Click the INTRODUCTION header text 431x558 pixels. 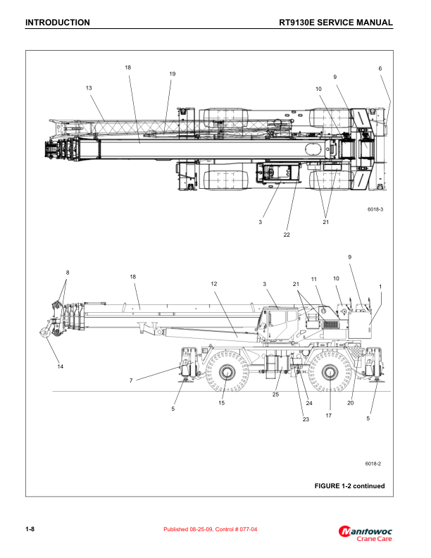pos(57,23)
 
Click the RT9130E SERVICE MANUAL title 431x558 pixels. pos(335,23)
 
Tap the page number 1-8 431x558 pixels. pos(30,529)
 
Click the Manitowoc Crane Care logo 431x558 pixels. pos(366,533)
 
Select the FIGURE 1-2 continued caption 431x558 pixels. pos(349,485)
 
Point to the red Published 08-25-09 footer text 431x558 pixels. pos(210,529)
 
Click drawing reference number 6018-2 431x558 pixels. pos(373,463)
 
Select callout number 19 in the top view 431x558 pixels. pos(172,74)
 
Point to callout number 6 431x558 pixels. pos(380,68)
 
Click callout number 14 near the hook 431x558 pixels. pos(60,367)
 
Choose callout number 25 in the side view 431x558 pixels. pos(275,395)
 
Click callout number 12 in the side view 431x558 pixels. pos(213,283)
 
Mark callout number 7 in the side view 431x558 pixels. pos(131,380)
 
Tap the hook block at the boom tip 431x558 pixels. pos(46,330)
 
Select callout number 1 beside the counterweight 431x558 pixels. pos(380,286)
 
